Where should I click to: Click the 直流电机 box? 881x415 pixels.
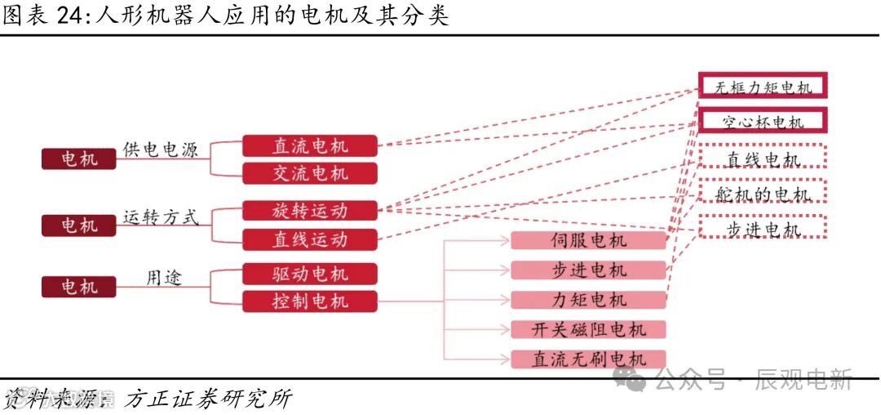pos(310,146)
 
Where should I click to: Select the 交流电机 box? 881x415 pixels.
pos(310,173)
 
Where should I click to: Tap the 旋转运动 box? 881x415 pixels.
pos(310,211)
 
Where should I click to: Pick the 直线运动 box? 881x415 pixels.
pos(310,239)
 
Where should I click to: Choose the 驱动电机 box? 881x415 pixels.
pos(310,274)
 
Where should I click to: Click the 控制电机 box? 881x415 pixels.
pos(310,301)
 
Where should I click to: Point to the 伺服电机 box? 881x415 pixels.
pos(588,240)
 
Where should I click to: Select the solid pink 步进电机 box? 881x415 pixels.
pos(588,270)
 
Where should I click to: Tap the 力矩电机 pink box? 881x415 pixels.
pos(588,300)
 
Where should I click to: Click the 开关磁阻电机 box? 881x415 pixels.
pos(588,329)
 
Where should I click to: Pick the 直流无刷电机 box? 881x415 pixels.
pos(588,359)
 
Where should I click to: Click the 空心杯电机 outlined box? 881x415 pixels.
pos(763,122)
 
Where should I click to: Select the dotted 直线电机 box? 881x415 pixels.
pos(764,159)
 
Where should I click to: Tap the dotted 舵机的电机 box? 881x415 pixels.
pos(764,194)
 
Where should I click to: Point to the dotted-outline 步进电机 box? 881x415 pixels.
pos(764,229)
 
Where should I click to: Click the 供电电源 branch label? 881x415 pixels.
pos(161,149)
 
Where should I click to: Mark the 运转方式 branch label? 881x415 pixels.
pos(161,217)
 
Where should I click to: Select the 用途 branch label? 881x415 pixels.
pos(164,278)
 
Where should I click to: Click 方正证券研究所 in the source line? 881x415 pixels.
pos(208,399)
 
